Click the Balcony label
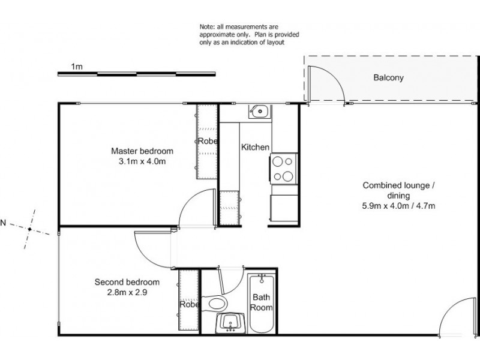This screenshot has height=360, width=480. (x=388, y=77)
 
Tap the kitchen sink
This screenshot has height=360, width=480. (x=259, y=110)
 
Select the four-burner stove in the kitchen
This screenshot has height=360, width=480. (x=283, y=169)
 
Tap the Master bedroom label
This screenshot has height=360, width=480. (x=142, y=151)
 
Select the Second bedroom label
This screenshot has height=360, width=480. (x=127, y=282)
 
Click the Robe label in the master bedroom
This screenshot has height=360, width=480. (x=207, y=142)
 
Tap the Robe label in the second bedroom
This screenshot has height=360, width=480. (x=188, y=305)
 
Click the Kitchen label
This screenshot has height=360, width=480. (x=255, y=147)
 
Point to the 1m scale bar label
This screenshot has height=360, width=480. (x=76, y=67)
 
